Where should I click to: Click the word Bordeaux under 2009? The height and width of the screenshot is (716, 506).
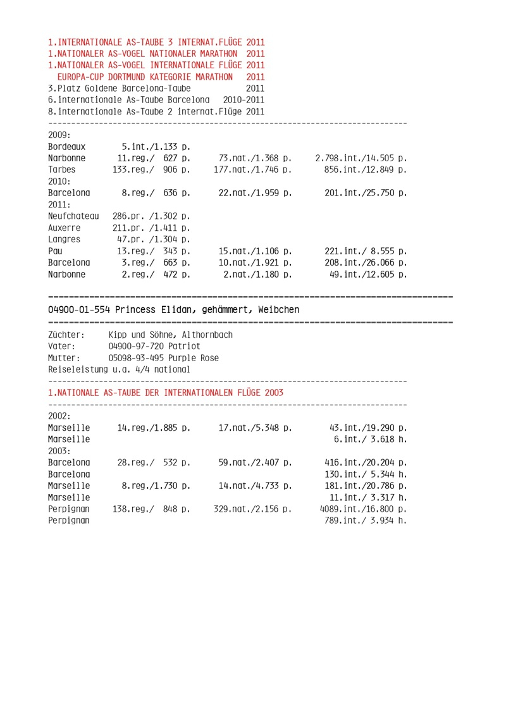click(66, 147)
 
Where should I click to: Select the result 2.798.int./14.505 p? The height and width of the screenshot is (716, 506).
click(361, 158)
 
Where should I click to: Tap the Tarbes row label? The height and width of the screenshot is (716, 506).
click(61, 170)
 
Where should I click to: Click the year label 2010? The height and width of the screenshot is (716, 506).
click(59, 181)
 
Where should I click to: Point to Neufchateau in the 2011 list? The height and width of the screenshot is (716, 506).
click(73, 216)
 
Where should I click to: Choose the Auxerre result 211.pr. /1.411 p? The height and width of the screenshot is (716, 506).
click(151, 228)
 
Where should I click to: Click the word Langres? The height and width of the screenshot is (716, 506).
click(64, 239)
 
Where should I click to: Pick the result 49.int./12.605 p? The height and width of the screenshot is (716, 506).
click(368, 274)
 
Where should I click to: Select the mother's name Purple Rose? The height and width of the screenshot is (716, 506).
click(192, 358)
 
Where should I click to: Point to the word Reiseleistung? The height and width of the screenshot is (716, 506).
click(78, 369)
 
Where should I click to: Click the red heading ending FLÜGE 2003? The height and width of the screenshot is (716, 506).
click(166, 393)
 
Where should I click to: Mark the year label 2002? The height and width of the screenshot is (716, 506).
click(59, 416)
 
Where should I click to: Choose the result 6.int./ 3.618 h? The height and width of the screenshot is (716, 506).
click(370, 439)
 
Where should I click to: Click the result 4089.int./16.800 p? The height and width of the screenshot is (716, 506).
click(361, 509)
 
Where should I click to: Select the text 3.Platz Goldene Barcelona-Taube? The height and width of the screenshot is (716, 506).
click(120, 89)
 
